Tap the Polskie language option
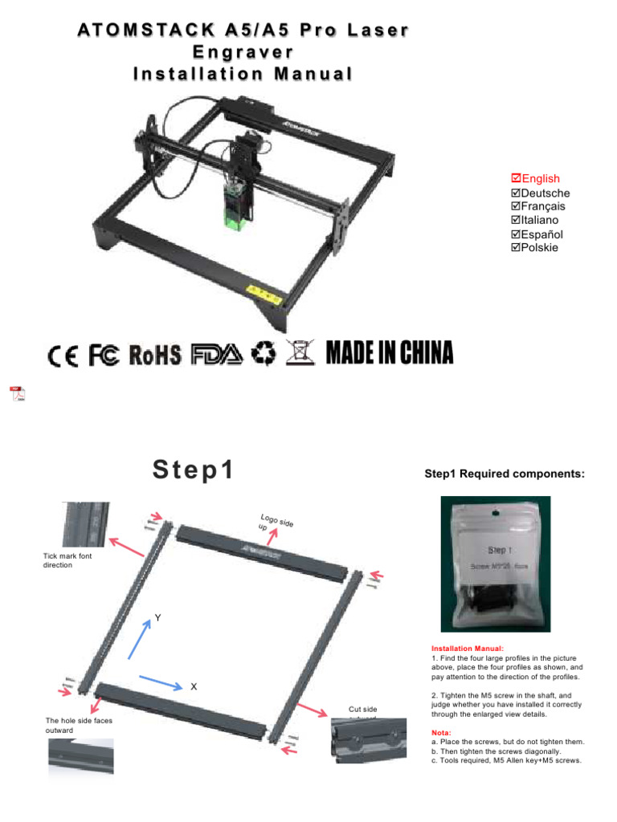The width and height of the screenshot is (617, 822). pos(539,247)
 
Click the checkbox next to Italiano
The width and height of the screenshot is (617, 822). pos(516,220)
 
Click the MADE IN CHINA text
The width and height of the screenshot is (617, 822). pos(390,353)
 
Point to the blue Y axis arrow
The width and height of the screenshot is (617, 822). pos(141,637)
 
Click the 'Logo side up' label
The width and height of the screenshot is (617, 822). pos(275,523)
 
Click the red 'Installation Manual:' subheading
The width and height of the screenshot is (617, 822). pos(468,648)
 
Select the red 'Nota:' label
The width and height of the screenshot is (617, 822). pos(443,732)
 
